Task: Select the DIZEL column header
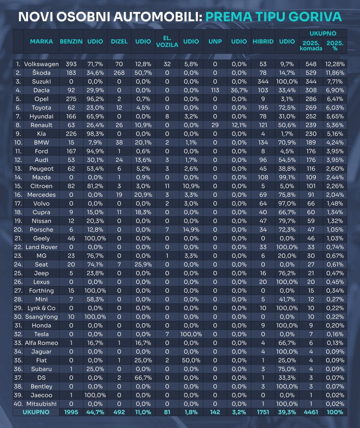click(119, 41)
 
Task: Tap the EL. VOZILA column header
click(167, 41)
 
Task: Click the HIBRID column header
click(263, 41)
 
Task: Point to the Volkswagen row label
click(41, 64)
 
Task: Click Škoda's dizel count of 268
click(119, 73)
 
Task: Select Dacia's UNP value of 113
click(215, 90)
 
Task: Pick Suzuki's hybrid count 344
click(263, 82)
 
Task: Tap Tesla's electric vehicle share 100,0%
click(191, 334)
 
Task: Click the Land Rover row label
click(41, 247)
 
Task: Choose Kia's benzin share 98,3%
click(95, 134)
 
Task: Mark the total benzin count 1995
click(71, 412)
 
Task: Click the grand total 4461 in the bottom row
click(311, 412)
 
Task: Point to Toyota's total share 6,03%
click(335, 108)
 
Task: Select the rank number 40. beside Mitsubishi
click(18, 404)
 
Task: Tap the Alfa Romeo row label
click(41, 343)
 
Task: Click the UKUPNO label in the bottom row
click(36, 412)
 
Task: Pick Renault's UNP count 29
click(215, 125)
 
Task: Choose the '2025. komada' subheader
click(311, 46)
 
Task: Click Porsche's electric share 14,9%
click(191, 230)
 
